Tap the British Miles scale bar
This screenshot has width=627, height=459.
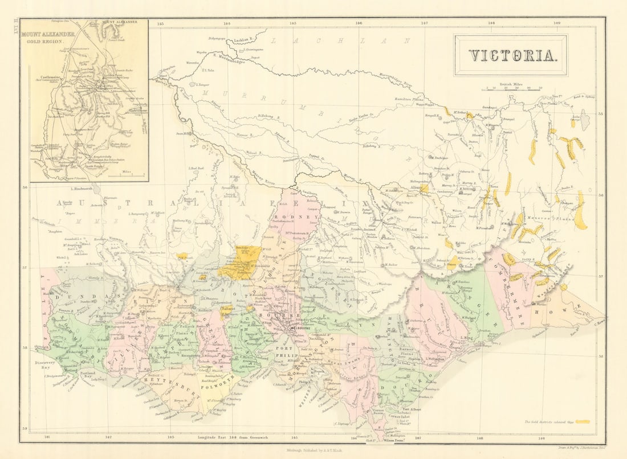point(511,87)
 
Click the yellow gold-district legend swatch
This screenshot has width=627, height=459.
point(583,422)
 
